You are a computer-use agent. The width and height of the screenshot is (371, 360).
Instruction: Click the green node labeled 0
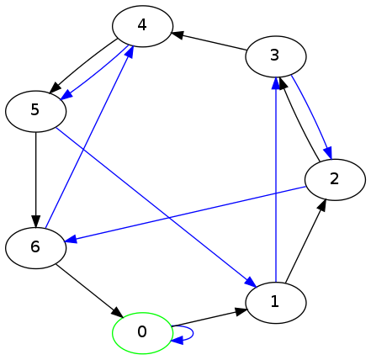(142, 333)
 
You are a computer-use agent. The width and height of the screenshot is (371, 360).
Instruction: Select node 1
(275, 303)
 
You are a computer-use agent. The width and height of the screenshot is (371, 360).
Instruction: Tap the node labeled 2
(335, 179)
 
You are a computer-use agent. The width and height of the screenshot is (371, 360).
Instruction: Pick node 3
(275, 56)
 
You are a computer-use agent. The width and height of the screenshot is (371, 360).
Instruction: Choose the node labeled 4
(142, 26)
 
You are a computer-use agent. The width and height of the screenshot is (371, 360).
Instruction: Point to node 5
(35, 111)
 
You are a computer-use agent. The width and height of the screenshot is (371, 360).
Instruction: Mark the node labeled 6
(35, 248)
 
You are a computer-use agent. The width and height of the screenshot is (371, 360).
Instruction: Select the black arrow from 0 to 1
(209, 318)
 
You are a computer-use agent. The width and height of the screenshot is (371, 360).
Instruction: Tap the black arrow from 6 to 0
(90, 291)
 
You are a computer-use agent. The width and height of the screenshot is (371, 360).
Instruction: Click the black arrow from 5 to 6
(35, 179)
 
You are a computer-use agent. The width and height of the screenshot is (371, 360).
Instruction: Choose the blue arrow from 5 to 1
(156, 208)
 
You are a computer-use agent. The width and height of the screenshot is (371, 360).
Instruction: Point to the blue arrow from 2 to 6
(184, 214)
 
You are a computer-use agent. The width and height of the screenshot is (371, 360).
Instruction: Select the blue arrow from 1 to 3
(276, 179)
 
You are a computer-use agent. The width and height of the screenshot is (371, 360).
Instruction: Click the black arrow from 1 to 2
(305, 241)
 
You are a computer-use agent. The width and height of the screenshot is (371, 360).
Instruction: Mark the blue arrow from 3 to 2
(312, 117)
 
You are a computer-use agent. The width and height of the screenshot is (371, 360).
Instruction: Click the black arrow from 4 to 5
(83, 65)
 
